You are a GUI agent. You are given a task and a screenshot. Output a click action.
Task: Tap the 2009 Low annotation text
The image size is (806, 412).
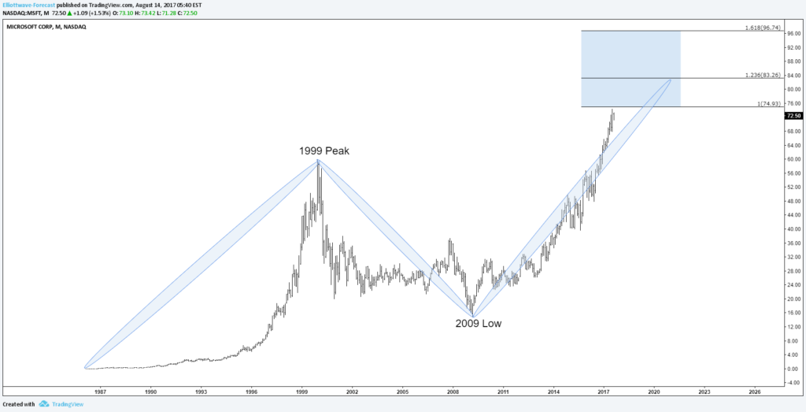click(x=478, y=323)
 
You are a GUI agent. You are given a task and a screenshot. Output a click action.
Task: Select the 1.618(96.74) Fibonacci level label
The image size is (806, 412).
click(x=762, y=28)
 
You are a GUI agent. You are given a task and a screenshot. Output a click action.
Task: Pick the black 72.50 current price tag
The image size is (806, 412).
click(x=793, y=115)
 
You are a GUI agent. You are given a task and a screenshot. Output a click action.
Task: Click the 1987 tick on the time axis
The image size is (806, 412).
click(x=100, y=391)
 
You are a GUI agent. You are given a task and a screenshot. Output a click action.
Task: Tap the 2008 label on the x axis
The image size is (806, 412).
click(x=453, y=391)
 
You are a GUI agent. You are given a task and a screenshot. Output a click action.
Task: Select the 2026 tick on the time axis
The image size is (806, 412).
click(x=754, y=391)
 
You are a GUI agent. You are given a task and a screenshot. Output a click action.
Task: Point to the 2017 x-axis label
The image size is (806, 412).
click(x=604, y=391)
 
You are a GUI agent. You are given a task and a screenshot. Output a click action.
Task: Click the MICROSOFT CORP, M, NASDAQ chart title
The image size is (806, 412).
click(x=46, y=27)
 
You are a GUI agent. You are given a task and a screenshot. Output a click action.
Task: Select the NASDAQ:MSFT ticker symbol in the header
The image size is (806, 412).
click(x=18, y=13)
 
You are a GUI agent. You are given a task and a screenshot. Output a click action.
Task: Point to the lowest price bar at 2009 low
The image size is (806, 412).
click(x=472, y=313)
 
